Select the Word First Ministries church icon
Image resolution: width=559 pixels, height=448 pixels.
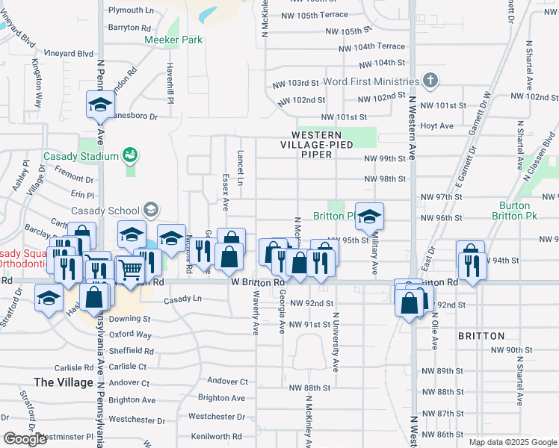tap(430, 80)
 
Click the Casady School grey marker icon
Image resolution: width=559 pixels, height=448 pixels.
tap(153, 210)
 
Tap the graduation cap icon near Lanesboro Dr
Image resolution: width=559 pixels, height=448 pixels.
tap(99, 105)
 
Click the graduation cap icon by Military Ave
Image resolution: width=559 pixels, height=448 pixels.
tap(369, 217)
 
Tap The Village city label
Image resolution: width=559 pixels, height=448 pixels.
tap(64, 382)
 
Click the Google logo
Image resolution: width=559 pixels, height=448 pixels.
tap(25, 439)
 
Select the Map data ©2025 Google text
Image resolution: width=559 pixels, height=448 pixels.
tap(513, 442)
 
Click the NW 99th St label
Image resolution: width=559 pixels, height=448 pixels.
tap(385, 159)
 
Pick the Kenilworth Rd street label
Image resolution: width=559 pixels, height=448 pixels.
tap(216, 436)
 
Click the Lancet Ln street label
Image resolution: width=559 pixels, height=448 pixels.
tap(241, 167)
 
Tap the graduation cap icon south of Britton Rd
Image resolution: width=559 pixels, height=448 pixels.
tap(49, 299)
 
